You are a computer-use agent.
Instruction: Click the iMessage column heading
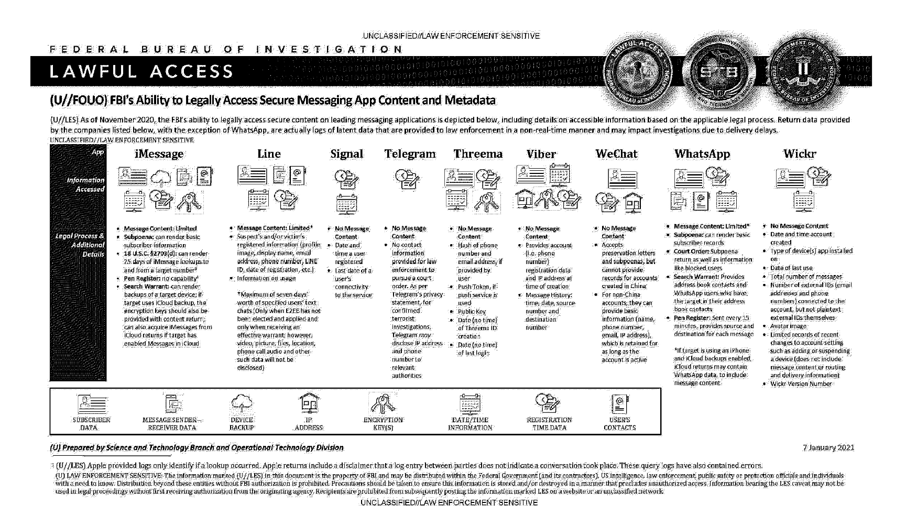click(159, 154)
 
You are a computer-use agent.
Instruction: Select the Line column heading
click(269, 154)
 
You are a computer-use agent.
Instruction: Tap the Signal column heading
click(346, 154)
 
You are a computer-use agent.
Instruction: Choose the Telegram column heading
click(410, 154)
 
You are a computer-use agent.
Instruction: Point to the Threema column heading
click(478, 154)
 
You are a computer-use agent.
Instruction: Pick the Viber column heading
click(541, 154)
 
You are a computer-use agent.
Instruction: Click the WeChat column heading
click(616, 154)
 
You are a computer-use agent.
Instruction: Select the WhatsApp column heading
click(702, 154)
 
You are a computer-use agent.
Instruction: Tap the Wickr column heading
click(799, 154)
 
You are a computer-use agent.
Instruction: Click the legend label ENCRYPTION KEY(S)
click(383, 424)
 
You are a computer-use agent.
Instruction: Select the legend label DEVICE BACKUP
click(242, 424)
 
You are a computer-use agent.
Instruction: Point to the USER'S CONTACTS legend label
click(619, 424)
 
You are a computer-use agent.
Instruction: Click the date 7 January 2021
click(828, 447)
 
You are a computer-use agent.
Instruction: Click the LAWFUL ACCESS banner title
click(141, 71)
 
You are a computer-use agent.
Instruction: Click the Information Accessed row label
click(85, 184)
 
